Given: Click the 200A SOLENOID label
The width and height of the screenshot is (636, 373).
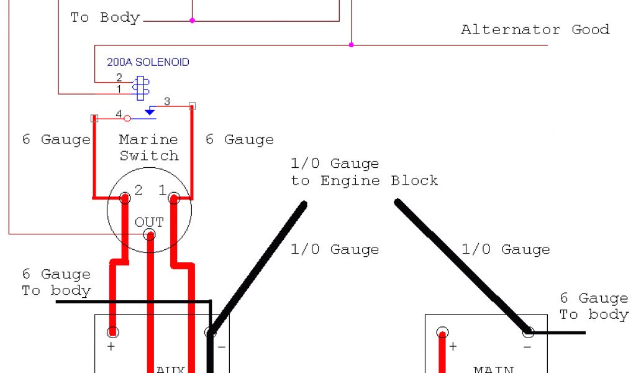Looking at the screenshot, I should tap(148, 62).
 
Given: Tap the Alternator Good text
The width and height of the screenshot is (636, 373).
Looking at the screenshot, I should tap(535, 29).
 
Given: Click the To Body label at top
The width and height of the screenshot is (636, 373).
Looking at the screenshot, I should tap(105, 17).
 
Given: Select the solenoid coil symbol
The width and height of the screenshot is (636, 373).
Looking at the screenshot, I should tap(141, 88).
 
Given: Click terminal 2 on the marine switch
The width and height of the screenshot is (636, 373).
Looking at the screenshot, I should tap(125, 198).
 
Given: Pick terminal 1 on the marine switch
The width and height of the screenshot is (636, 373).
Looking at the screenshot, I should tap(174, 198).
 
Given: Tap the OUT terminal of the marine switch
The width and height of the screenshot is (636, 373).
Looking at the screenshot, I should tap(149, 234).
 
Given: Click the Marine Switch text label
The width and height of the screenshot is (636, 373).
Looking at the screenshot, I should tap(148, 147).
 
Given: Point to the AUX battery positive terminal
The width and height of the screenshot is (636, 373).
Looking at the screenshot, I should tap(112, 331).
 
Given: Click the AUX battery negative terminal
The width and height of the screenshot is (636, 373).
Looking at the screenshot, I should tap(211, 332).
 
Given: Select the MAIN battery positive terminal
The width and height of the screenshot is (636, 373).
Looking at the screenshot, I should tap(442, 332).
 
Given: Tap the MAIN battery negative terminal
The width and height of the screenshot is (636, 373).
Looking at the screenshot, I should tap(529, 332).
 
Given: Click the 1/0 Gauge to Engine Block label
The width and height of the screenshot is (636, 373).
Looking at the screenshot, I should tap(364, 172).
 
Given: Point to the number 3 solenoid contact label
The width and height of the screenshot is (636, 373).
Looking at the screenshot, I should tap(166, 101).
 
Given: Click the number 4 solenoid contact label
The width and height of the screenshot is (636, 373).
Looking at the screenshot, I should tap(118, 113).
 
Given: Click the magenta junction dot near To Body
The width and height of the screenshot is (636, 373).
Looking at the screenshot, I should tap(192, 21).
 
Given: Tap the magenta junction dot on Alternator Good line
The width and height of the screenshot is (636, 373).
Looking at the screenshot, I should tap(351, 45).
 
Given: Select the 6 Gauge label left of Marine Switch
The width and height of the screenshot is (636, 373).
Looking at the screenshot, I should tap(57, 139).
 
